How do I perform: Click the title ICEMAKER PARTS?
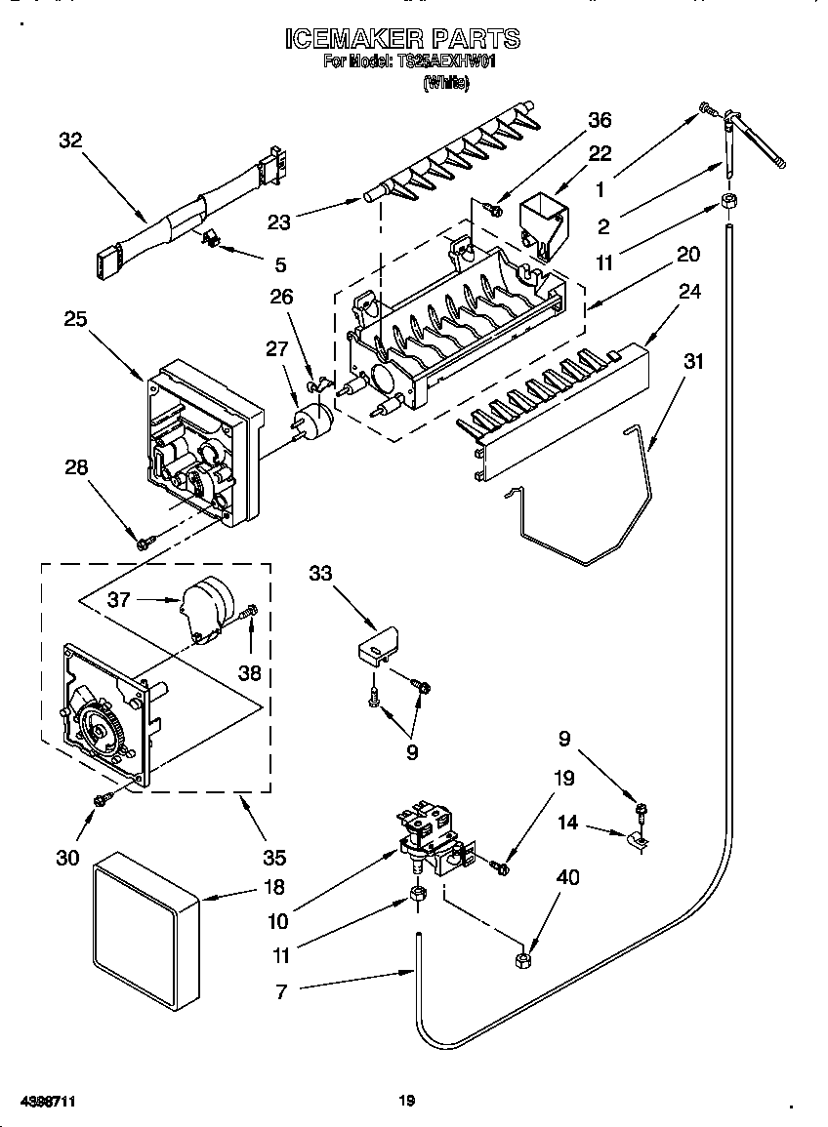tap(402, 39)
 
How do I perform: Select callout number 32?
tap(70, 140)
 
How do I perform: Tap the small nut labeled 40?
tap(521, 960)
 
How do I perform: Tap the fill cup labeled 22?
tap(542, 221)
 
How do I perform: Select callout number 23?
tap(279, 221)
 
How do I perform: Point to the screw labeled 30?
tap(101, 800)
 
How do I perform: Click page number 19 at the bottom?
tap(407, 1101)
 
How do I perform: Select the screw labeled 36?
tap(496, 209)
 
